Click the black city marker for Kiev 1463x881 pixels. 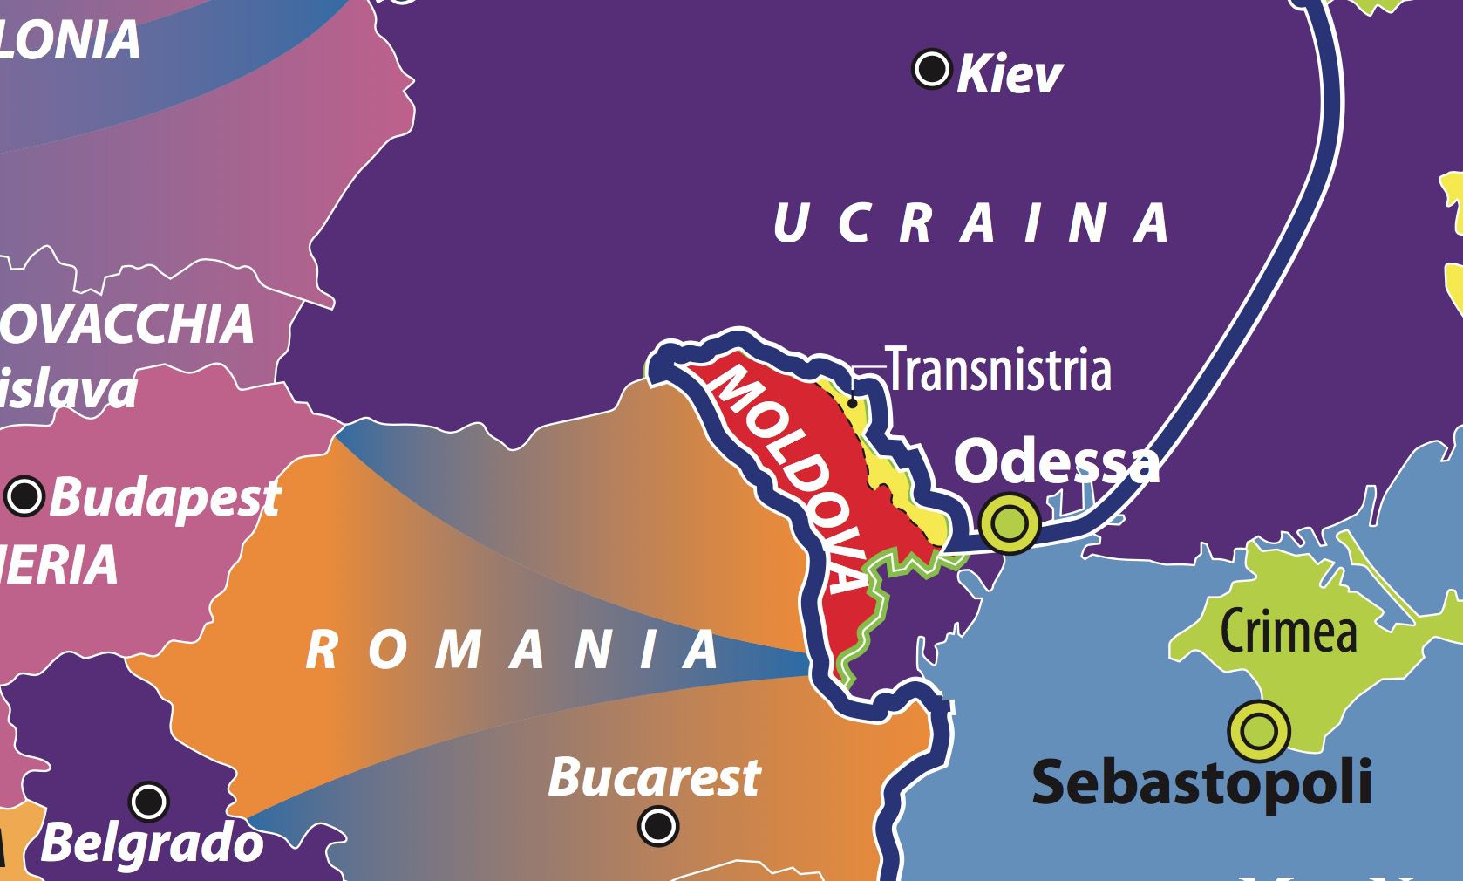click(931, 68)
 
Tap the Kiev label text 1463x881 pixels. click(1010, 75)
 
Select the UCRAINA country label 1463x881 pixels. click(972, 222)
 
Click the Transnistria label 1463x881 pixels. click(998, 370)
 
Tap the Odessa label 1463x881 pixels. click(1057, 461)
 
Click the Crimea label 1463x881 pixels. click(1288, 629)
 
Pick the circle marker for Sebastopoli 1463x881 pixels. click(1259, 730)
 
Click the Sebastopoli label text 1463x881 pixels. click(1201, 782)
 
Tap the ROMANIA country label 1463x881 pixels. click(514, 651)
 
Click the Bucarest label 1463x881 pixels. click(654, 776)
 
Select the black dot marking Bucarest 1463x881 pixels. click(658, 823)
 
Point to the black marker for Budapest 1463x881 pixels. click(24, 496)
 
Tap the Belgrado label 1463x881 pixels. click(153, 843)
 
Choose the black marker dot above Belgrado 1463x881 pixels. click(148, 800)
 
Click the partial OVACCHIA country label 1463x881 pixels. click(126, 324)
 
